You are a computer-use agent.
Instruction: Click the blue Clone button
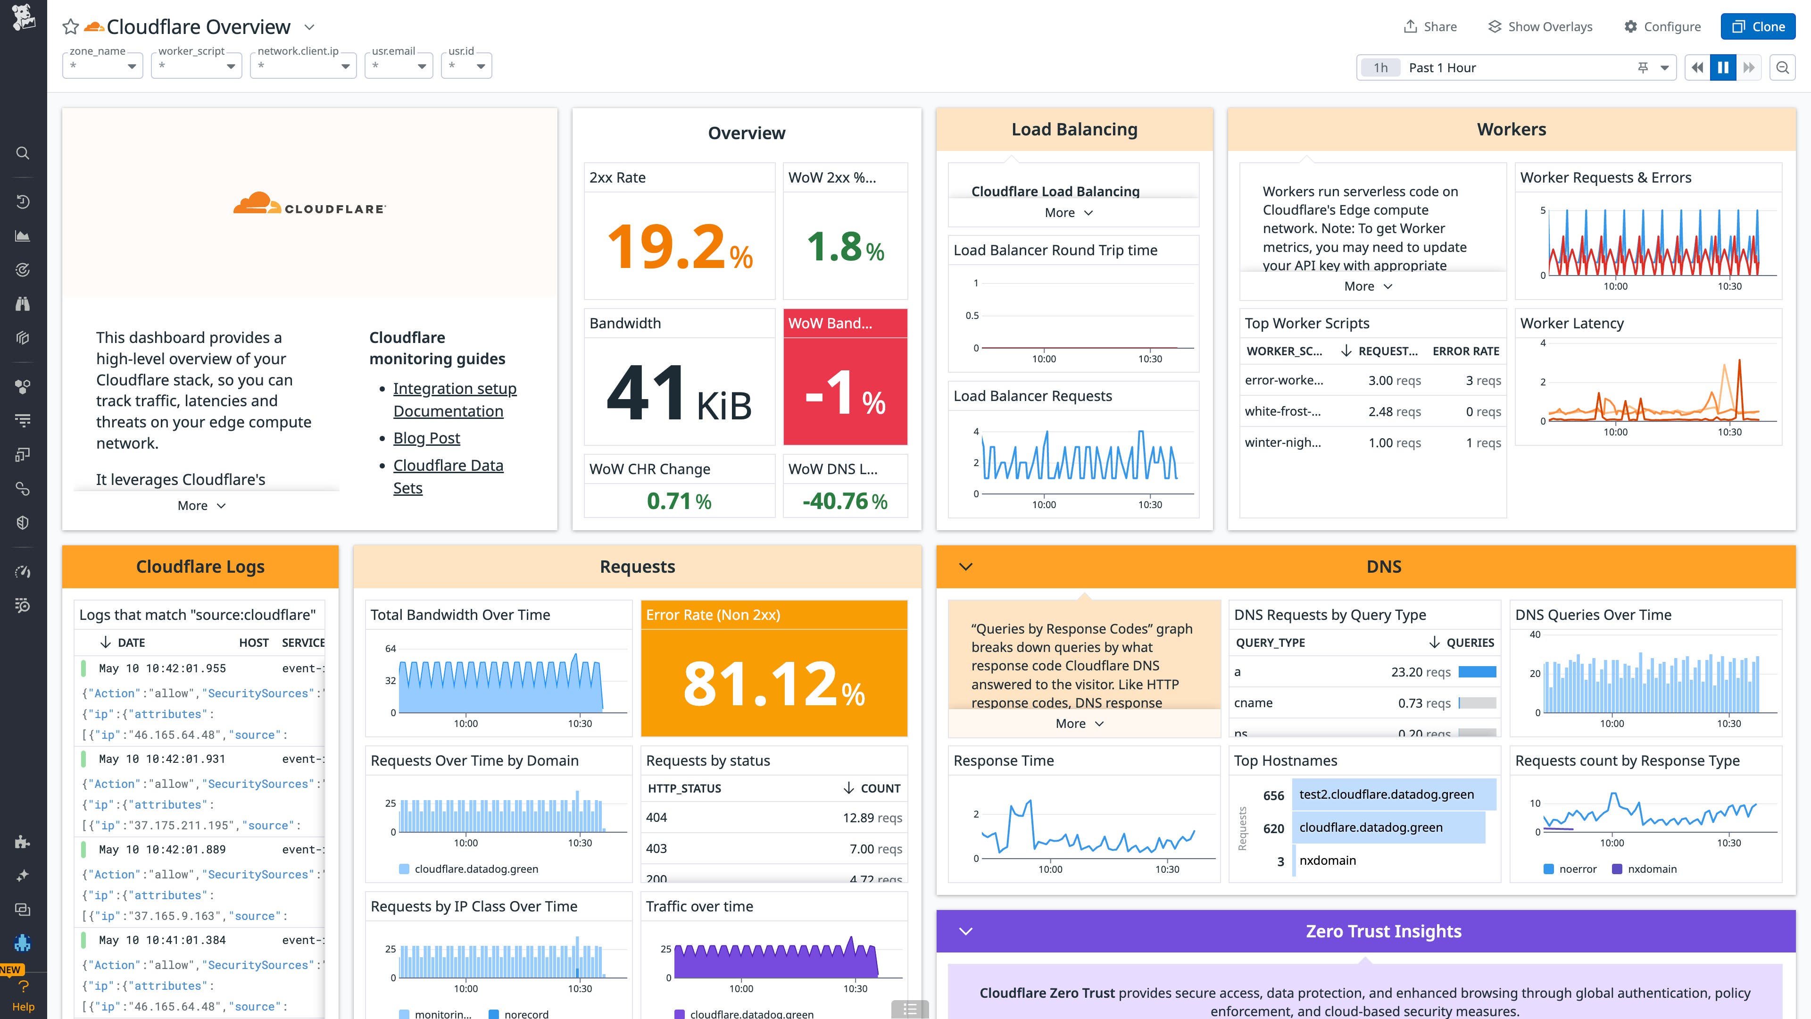[1758, 27]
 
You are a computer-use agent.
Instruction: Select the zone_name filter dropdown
[103, 66]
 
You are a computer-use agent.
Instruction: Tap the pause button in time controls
[1722, 67]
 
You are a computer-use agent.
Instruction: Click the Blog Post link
[426, 438]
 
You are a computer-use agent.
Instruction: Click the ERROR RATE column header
[1465, 351]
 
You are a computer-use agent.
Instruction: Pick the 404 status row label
[656, 817]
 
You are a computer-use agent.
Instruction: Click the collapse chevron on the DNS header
[965, 567]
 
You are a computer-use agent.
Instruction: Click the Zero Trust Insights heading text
[1383, 931]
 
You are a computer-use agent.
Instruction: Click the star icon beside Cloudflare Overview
[70, 27]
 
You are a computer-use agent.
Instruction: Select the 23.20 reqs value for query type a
[1420, 672]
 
